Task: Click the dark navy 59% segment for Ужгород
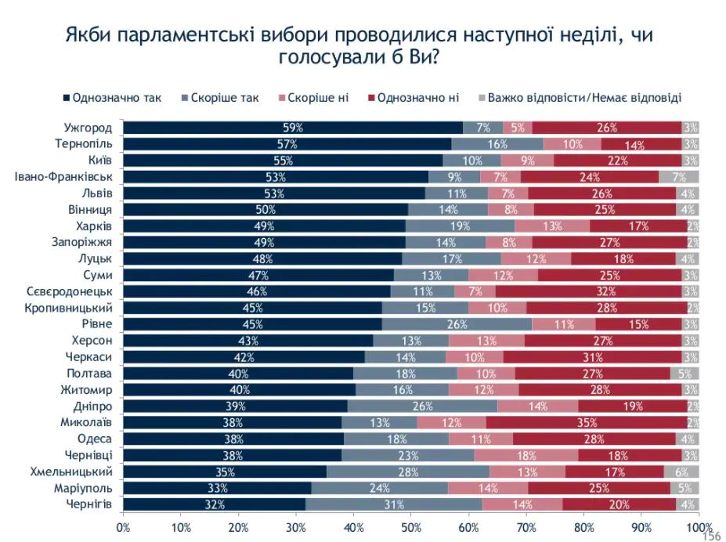293,128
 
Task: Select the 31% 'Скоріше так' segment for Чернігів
395,504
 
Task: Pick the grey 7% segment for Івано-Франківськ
679,177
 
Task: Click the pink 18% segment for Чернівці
526,455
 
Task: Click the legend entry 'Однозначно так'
112,98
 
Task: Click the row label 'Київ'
99,161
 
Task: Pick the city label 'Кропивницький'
72,308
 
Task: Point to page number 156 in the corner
711,536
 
